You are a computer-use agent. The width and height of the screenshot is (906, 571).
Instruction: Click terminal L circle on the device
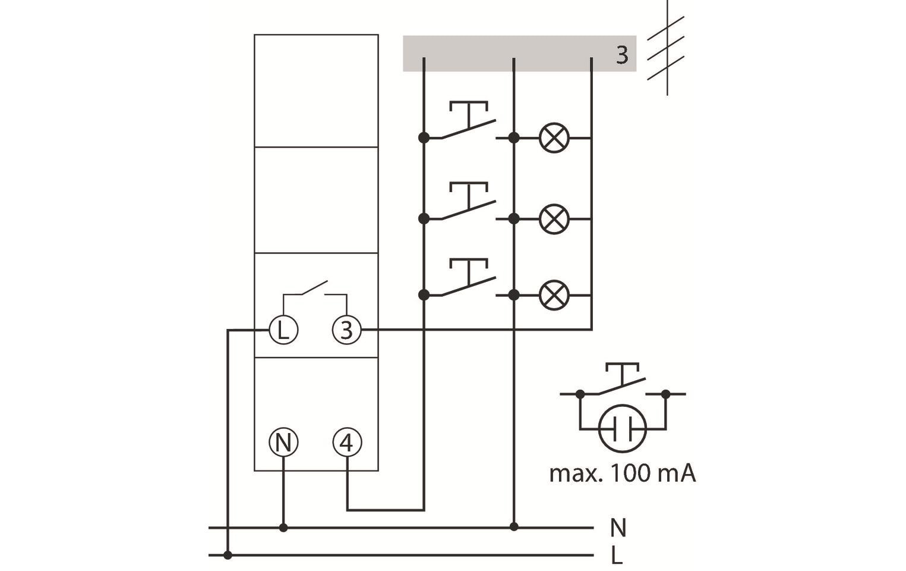click(x=283, y=330)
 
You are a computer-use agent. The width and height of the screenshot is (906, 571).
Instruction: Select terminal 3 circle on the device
click(x=346, y=330)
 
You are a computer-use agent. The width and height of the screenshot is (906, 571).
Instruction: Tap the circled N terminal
click(x=283, y=443)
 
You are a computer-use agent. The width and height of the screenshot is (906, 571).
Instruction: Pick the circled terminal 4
click(x=346, y=443)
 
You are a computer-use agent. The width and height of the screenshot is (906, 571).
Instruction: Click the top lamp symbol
click(x=554, y=138)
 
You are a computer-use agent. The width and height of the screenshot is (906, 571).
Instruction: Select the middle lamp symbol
click(x=554, y=219)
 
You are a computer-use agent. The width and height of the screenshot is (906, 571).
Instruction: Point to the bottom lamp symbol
click(x=554, y=295)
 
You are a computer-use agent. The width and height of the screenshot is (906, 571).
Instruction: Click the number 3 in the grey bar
click(x=621, y=55)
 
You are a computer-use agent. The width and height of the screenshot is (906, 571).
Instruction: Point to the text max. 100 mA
click(x=622, y=474)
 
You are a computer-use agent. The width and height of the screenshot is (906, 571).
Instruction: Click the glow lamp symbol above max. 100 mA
click(x=622, y=428)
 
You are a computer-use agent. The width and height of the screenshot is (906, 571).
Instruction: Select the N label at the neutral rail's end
click(x=618, y=528)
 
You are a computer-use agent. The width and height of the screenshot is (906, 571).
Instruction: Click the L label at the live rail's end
click(x=617, y=556)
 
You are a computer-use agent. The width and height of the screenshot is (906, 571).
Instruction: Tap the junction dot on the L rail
click(x=228, y=556)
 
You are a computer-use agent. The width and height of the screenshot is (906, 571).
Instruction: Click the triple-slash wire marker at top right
click(x=666, y=48)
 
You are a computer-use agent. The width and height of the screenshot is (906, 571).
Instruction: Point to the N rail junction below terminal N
click(x=283, y=528)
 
